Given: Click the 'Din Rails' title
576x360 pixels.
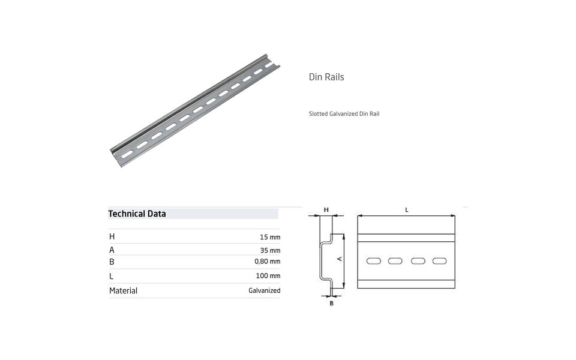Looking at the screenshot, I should click(x=326, y=77).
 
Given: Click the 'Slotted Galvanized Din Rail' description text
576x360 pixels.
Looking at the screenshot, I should click(x=344, y=113).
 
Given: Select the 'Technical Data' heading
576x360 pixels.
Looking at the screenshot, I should click(x=137, y=214).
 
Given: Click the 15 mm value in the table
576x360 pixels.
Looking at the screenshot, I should click(x=270, y=237).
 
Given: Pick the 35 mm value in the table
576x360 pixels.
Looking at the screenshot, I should click(x=270, y=250).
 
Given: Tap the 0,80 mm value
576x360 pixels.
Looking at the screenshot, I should click(x=268, y=262).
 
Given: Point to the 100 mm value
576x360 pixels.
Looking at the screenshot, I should click(x=268, y=276).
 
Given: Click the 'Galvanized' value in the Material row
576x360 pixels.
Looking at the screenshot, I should click(x=264, y=290).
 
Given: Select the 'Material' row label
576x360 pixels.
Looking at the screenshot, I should click(x=123, y=290).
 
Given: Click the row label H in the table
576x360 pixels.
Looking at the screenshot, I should click(x=112, y=236).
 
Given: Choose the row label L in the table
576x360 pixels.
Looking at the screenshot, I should click(x=112, y=276).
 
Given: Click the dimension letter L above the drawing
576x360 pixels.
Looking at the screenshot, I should click(x=407, y=209).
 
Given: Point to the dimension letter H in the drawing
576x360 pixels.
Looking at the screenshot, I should click(x=326, y=209).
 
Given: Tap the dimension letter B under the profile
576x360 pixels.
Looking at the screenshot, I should click(x=331, y=304).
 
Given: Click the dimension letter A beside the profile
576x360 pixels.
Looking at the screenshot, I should click(x=339, y=258).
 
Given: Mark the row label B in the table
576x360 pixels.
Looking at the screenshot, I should click(x=112, y=262).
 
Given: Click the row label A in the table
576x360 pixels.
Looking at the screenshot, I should click(x=112, y=250).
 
